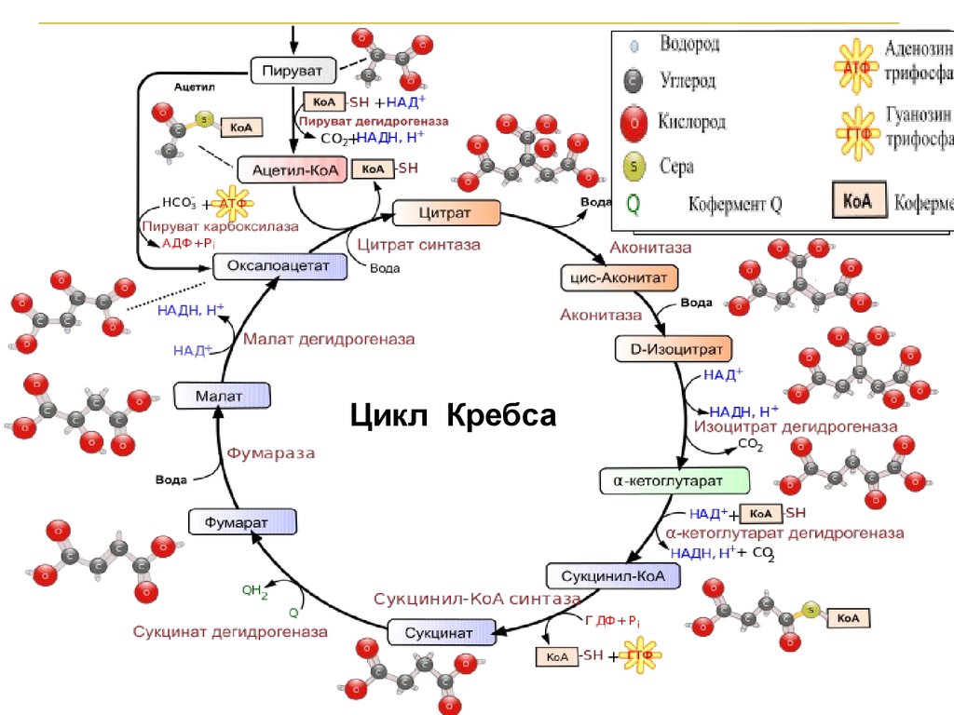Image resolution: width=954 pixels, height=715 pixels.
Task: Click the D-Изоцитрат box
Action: [x=674, y=349]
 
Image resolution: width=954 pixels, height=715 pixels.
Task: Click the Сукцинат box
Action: [x=438, y=634]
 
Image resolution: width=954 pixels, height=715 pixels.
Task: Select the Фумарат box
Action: [x=242, y=521]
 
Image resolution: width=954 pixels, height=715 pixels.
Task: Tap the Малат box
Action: [x=222, y=396]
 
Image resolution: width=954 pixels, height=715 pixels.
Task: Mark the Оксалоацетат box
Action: [x=279, y=266]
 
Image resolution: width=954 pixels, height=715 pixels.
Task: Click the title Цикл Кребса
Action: [x=453, y=414]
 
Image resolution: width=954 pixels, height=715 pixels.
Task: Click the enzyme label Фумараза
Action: [x=271, y=453]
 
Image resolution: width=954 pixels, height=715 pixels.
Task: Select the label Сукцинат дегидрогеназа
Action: [x=230, y=632]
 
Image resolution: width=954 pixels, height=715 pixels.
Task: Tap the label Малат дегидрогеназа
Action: [x=329, y=340]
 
